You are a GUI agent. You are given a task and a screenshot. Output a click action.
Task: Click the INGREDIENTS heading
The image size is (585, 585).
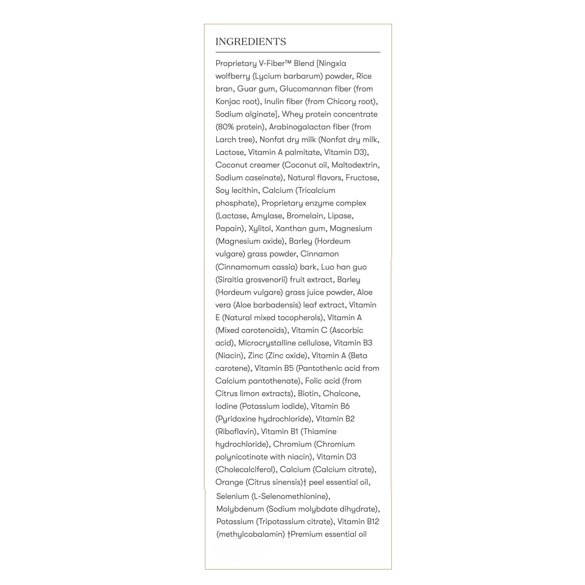point(250,42)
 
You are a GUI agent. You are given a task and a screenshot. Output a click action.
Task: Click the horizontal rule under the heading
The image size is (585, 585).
point(298,52)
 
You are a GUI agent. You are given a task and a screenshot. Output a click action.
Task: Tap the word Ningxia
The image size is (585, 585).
point(333,63)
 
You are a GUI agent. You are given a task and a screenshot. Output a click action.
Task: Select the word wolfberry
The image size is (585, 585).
point(233,76)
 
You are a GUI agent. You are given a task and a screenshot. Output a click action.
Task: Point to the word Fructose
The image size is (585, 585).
point(362,178)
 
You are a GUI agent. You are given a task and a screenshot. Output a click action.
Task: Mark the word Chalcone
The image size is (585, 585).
point(341,394)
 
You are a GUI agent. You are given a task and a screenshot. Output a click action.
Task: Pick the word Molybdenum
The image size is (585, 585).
point(240,509)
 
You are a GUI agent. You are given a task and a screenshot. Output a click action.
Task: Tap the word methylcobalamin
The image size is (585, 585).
point(251,534)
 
